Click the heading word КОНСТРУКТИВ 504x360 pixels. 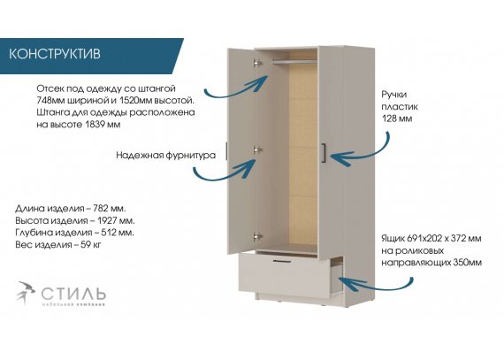tap(54, 54)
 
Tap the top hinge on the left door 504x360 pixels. tap(257, 63)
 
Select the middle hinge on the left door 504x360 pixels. tap(257, 149)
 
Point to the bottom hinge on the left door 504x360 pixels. tap(257, 237)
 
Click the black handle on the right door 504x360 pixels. tap(324, 153)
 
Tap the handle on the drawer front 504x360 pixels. tap(282, 261)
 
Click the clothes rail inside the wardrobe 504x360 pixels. tap(294, 61)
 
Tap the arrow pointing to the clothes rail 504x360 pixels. tap(236, 88)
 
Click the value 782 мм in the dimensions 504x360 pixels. tap(110, 209)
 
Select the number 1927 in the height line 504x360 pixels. tap(107, 221)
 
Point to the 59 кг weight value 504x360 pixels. tap(91, 245)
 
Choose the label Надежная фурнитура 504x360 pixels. tap(166, 156)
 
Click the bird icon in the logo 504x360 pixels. tap(26, 293)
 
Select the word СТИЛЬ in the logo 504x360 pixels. tap(73, 293)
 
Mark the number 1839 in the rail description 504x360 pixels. tap(95, 125)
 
